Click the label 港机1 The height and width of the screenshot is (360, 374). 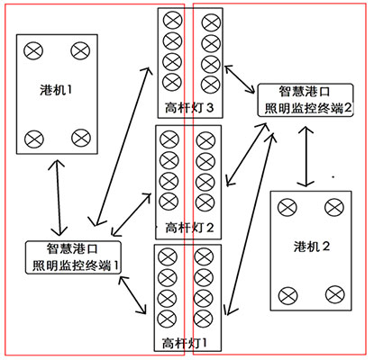[56, 89]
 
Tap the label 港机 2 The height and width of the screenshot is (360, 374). [312, 247]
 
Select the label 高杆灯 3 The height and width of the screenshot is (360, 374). [189, 107]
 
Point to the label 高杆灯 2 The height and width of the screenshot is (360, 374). [189, 228]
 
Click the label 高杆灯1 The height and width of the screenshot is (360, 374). [185, 343]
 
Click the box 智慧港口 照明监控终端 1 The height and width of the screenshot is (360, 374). [73, 257]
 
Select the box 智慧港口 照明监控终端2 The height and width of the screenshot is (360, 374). [306, 100]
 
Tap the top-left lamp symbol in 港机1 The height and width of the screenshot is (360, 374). [33, 50]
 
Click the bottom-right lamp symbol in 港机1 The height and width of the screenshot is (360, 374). [81, 138]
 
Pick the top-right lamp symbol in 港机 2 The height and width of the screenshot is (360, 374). [334, 207]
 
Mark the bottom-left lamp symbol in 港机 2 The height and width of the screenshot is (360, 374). [287, 295]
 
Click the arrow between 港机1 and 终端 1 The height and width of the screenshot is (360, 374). [58, 197]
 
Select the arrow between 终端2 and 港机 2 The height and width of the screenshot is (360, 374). [306, 157]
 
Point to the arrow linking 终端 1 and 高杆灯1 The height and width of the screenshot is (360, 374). [132, 295]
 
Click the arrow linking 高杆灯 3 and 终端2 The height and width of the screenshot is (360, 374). [241, 79]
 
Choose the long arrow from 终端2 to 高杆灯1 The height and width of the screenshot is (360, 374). [250, 223]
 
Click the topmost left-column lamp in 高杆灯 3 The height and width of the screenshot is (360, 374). [173, 20]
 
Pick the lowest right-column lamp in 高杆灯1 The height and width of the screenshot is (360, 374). [204, 319]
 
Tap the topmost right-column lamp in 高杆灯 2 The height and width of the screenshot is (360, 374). [205, 140]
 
